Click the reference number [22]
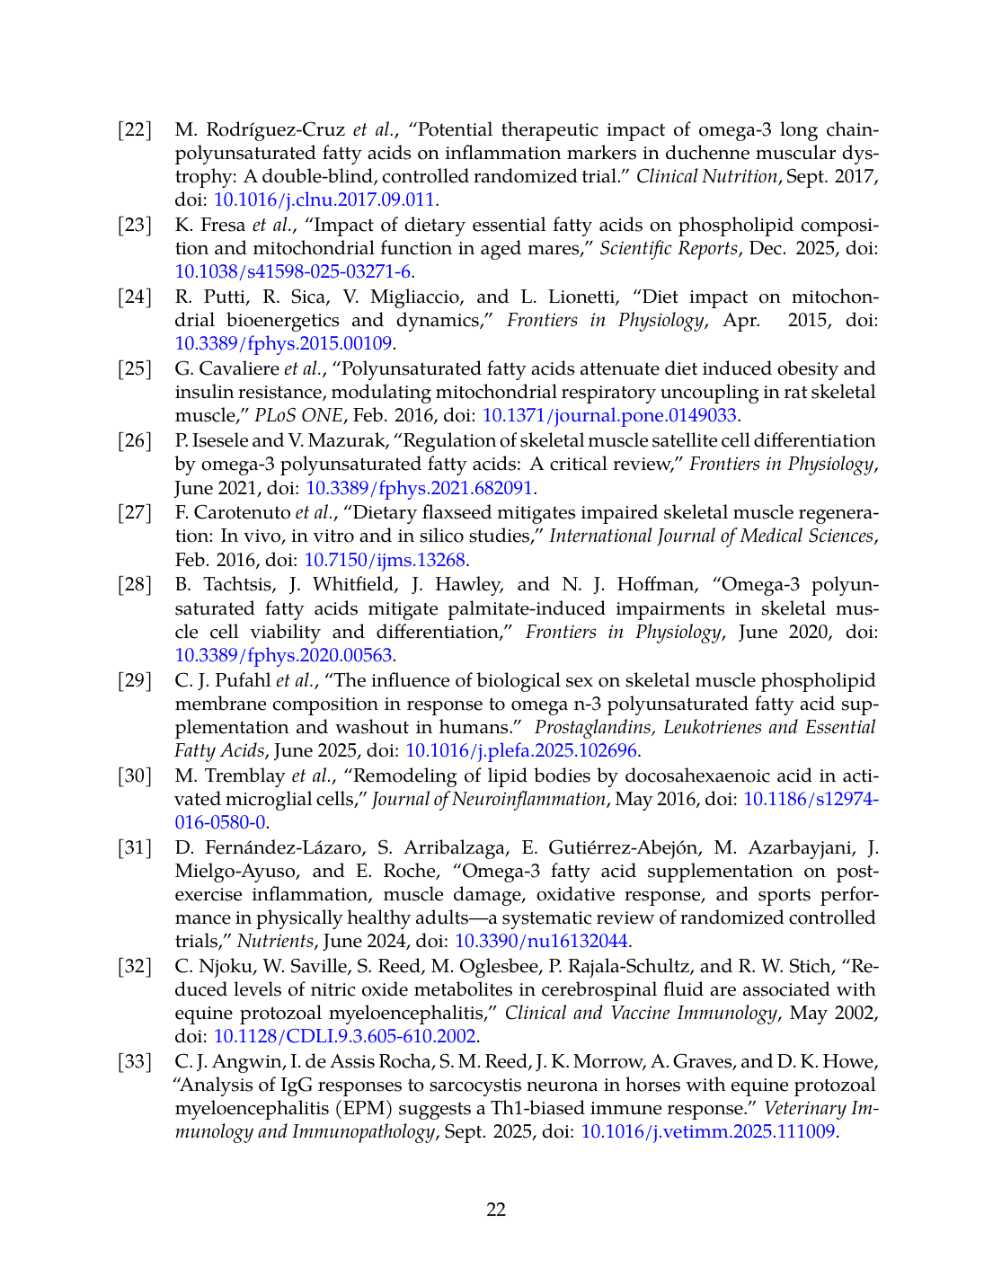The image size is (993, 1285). click(135, 130)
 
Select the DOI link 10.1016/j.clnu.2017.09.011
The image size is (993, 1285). click(324, 200)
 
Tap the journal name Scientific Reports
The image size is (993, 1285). click(669, 249)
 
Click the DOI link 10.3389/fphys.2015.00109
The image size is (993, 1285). click(283, 344)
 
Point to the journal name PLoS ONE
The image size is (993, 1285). click(298, 416)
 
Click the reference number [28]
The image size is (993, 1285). click(135, 585)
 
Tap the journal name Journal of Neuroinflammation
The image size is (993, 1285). click(489, 800)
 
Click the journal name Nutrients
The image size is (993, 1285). click(275, 942)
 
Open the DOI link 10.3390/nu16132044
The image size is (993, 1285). click(542, 942)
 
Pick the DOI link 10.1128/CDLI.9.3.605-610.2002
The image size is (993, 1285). click(344, 1037)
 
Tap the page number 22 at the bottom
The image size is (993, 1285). click(496, 1210)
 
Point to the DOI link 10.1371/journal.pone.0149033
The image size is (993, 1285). click(609, 416)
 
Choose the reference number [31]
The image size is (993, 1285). click(135, 847)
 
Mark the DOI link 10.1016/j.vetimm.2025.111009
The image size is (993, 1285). click(708, 1132)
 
